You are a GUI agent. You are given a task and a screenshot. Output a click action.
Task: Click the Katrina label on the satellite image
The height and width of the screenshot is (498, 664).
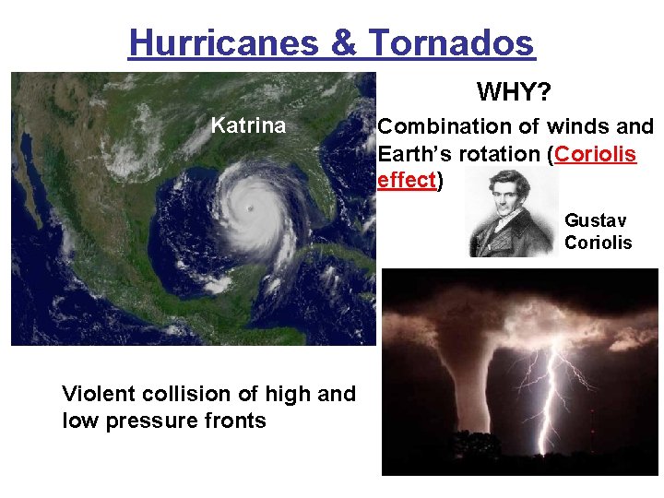pyautogui.click(x=248, y=126)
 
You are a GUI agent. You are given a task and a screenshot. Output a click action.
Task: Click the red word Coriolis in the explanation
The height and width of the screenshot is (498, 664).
pyautogui.click(x=597, y=153)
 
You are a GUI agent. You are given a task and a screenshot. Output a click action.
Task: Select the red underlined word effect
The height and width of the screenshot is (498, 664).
pyautogui.click(x=407, y=180)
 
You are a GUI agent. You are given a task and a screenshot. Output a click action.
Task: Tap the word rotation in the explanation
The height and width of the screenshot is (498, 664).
pyautogui.click(x=504, y=153)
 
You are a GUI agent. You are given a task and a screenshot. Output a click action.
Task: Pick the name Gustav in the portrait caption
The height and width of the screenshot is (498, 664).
pyautogui.click(x=596, y=220)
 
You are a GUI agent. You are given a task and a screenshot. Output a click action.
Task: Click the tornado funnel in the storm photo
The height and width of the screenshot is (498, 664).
pyautogui.click(x=443, y=369)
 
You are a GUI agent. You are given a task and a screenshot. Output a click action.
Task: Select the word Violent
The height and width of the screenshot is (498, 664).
pyautogui.click(x=98, y=394)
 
